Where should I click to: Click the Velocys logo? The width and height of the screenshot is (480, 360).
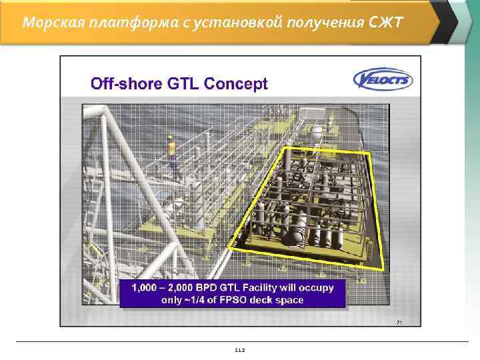click(x=383, y=80)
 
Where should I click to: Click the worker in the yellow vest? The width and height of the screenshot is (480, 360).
click(x=170, y=147)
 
